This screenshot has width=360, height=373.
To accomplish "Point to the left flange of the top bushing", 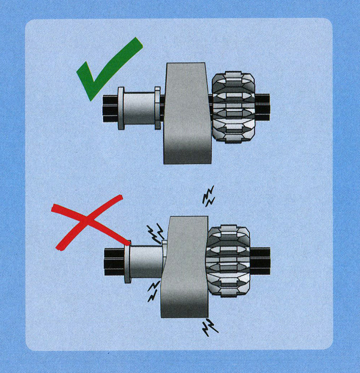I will click(121, 108).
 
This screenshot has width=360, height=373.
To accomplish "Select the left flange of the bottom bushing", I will click(127, 261).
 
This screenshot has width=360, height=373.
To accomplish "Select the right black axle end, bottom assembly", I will click(260, 261).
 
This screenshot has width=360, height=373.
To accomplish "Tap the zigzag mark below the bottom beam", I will click(209, 326).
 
